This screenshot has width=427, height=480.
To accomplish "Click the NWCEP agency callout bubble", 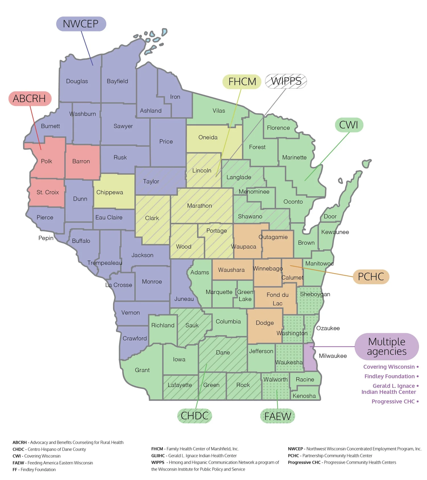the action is pyautogui.click(x=81, y=24).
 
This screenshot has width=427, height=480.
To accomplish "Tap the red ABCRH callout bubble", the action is pyautogui.click(x=30, y=99).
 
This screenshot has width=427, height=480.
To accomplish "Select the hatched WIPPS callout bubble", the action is pyautogui.click(x=286, y=81).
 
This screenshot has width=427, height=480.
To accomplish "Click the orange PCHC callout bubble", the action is pyautogui.click(x=371, y=277).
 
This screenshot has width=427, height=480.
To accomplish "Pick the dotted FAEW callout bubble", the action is pyautogui.click(x=278, y=416).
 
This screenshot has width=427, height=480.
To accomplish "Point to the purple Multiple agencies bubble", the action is pyautogui.click(x=386, y=346).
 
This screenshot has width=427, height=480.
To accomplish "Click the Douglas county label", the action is pyautogui.click(x=77, y=81).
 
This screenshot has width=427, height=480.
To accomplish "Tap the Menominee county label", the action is pyautogui.click(x=254, y=192).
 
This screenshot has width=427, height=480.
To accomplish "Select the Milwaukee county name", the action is pyautogui.click(x=332, y=356).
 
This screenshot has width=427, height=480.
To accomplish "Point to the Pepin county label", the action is pyautogui.click(x=46, y=238).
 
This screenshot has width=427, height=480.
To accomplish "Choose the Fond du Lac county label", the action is pyautogui.click(x=277, y=299).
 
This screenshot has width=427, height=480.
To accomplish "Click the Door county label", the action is pyautogui.click(x=330, y=216).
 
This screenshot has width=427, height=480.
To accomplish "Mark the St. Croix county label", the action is pyautogui.click(x=48, y=192).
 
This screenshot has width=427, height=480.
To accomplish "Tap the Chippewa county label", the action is pyautogui.click(x=110, y=192).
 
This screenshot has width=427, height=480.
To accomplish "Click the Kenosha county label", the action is pyautogui.click(x=304, y=396).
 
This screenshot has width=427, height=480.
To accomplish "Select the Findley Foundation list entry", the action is pyautogui.click(x=389, y=376).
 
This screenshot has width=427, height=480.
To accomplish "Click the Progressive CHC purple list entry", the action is pyautogui.click(x=393, y=401).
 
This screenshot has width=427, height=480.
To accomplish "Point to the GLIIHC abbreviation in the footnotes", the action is pyautogui.click(x=158, y=456).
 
